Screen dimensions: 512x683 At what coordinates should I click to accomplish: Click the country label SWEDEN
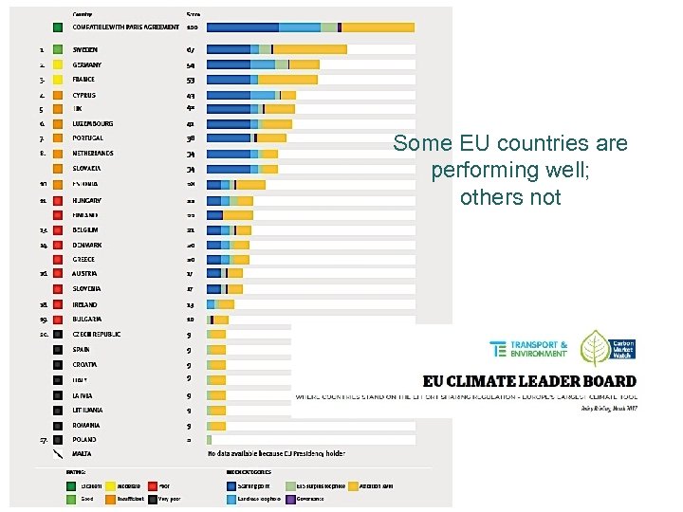pos(85,49)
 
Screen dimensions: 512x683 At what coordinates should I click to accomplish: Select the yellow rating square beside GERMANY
pos(58,65)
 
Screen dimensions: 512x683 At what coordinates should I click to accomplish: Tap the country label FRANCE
pos(84,81)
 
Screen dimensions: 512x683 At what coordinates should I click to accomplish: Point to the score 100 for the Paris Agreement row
pos(192,27)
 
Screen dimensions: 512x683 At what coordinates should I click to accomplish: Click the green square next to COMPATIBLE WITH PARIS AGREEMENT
pos(58,27)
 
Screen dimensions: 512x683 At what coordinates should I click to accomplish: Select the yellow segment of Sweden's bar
pos(310,49)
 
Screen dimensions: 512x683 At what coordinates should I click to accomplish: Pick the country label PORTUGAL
pos(88,138)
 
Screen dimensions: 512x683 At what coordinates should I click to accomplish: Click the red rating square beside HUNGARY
pos(58,201)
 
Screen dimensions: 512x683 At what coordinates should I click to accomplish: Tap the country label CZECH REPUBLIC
pos(97,334)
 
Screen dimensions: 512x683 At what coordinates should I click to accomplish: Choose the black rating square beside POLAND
pos(58,440)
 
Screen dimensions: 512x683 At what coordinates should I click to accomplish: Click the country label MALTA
pos(83,455)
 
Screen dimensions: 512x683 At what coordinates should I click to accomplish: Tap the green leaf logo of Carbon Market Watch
pos(596,349)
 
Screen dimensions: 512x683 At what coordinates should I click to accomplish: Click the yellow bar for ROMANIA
pos(217,426)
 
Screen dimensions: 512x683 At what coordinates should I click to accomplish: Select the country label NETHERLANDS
pos(93,153)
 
